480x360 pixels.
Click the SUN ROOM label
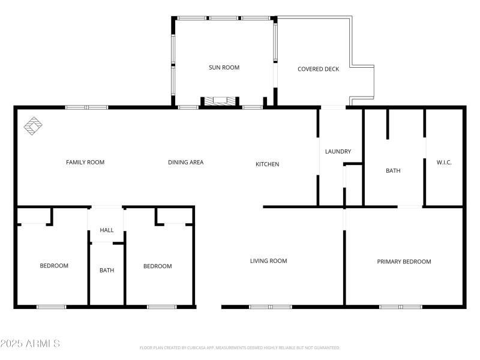pyautogui.click(x=224, y=68)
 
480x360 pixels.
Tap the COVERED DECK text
pyautogui.click(x=318, y=69)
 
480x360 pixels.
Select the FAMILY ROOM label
pyautogui.click(x=85, y=162)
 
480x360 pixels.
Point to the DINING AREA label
pyautogui.click(x=185, y=162)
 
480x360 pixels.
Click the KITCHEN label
pyautogui.click(x=267, y=164)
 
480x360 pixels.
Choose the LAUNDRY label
pyautogui.click(x=338, y=152)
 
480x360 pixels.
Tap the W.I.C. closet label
pyautogui.click(x=444, y=163)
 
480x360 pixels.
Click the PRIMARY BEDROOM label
pyautogui.click(x=404, y=262)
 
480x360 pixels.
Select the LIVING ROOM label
pyautogui.click(x=268, y=261)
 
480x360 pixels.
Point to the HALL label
pyautogui.click(x=107, y=230)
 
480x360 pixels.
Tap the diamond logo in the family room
pyautogui.click(x=34, y=125)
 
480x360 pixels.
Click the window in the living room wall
pyautogui.click(x=270, y=307)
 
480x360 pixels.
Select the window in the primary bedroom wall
pyautogui.click(x=400, y=307)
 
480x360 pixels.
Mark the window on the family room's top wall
pyautogui.click(x=86, y=107)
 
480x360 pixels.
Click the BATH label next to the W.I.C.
pyautogui.click(x=393, y=171)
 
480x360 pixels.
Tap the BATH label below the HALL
pyautogui.click(x=107, y=271)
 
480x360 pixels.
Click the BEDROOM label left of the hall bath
pyautogui.click(x=54, y=266)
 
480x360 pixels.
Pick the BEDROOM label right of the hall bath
pyautogui.click(x=157, y=266)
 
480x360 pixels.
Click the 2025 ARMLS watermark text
pyautogui.click(x=30, y=344)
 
